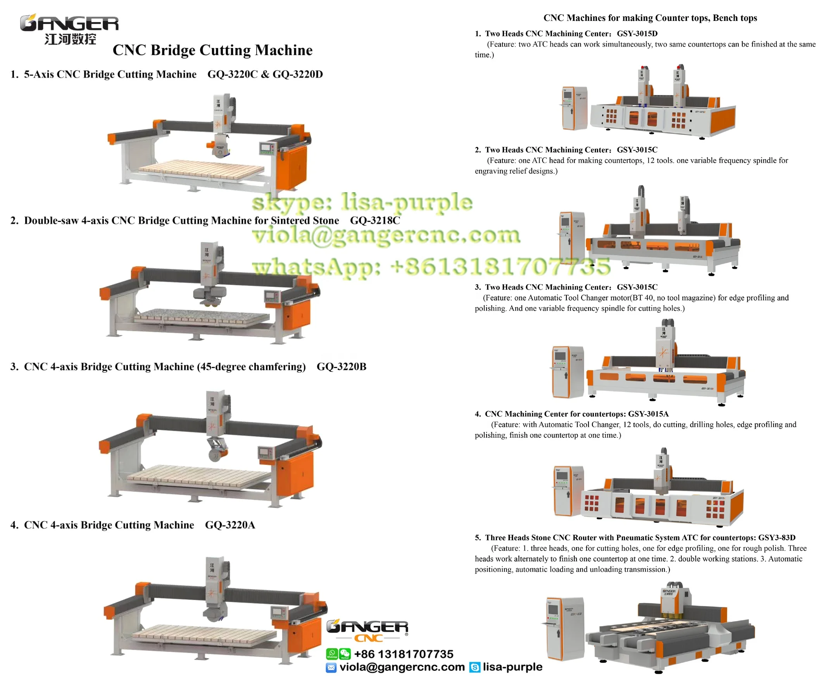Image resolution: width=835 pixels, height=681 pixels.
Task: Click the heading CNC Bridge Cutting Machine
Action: coord(212,50)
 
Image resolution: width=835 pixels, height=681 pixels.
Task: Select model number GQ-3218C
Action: coord(375,220)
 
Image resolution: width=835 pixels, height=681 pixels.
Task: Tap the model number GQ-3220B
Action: coord(341,367)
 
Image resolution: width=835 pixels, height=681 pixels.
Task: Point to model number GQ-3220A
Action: coord(230,525)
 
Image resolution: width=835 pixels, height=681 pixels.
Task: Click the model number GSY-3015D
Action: coord(637,34)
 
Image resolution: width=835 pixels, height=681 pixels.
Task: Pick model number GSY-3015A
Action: coord(648,414)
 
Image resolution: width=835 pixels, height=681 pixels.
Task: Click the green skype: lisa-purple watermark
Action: coord(362,203)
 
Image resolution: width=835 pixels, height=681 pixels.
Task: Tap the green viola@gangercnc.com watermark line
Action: coord(386,236)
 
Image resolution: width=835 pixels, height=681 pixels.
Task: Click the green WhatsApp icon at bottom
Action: coord(332,654)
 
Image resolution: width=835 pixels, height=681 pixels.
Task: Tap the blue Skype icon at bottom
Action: coord(474,667)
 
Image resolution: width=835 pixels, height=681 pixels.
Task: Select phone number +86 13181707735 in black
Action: coord(404,654)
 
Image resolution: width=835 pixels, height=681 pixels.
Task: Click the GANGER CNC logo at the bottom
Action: coord(367,630)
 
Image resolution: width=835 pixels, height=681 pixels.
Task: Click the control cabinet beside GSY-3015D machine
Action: coord(574,108)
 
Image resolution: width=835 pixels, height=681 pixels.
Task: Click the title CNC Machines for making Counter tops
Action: coord(650,18)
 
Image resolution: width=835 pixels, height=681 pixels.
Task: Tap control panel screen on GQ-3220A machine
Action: coord(278,611)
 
